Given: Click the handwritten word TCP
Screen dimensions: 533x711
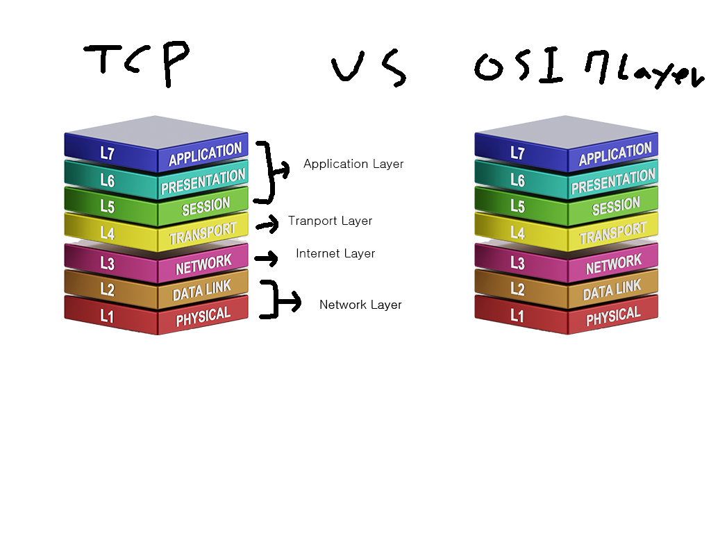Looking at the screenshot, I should coord(136,62).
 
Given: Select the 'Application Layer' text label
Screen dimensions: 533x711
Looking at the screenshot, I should coord(353,164).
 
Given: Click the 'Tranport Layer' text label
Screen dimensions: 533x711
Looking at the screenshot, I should coord(331,221).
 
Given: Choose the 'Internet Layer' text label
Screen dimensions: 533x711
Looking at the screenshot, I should coord(335,254).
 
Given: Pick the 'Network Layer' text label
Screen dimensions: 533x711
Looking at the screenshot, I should coord(360,305).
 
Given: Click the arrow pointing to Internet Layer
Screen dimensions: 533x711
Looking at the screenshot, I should coord(266,259).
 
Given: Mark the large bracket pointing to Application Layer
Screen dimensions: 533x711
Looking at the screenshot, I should coord(269,171).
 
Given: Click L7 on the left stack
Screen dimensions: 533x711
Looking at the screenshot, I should coord(107,153).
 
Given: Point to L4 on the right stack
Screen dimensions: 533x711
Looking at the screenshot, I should coord(517,233).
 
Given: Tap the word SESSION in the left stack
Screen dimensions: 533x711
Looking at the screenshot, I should coord(206,206).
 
